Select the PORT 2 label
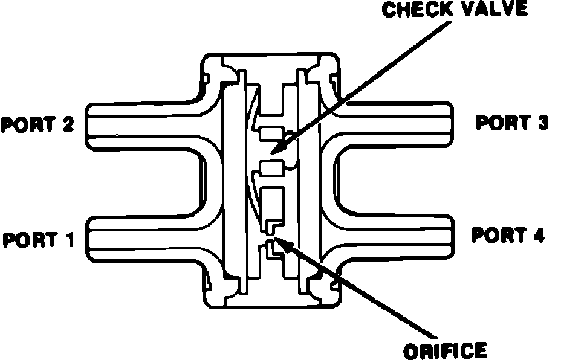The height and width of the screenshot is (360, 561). (x=37, y=125)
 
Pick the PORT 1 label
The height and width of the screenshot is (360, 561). (x=37, y=240)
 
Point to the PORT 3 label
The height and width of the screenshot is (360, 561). (x=512, y=123)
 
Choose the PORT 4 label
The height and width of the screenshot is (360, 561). (x=508, y=235)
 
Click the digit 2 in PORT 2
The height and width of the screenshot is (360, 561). (x=67, y=125)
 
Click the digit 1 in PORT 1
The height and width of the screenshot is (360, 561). (x=68, y=240)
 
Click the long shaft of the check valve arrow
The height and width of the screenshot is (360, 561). (x=363, y=85)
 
